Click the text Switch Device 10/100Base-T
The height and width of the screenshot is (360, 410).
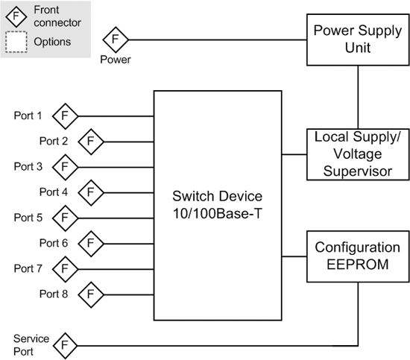tap(217, 205)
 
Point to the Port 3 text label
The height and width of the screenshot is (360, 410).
tap(28, 166)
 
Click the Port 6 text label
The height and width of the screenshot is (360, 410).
tap(54, 243)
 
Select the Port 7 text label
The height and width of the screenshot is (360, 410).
tap(28, 268)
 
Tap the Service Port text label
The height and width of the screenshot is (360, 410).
tap(31, 345)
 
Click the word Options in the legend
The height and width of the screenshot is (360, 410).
tap(52, 42)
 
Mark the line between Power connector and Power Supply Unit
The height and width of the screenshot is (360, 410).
tap(218, 40)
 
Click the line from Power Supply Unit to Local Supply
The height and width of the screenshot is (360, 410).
tap(358, 97)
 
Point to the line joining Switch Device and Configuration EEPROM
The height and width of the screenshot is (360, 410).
tap(294, 256)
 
